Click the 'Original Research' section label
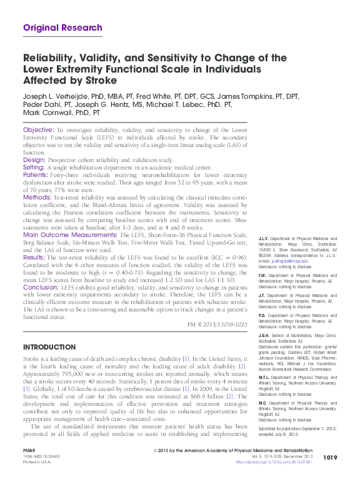62,28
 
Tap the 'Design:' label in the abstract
34,159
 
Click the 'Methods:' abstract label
37,197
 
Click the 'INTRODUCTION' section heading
49,347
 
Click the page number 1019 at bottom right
330,458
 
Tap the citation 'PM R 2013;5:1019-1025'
217,325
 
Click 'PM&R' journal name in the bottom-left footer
29,451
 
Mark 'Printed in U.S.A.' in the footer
37,462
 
